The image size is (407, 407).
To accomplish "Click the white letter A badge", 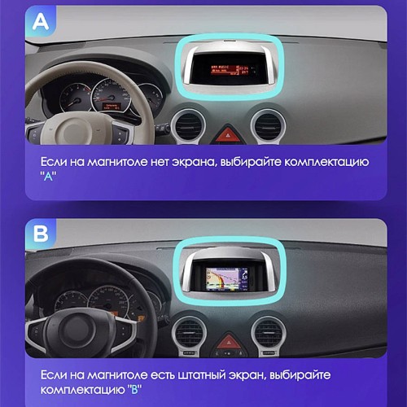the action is tap(41, 22).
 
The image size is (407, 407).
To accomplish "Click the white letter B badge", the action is tap(41, 234).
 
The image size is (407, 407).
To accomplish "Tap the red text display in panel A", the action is tap(230, 69).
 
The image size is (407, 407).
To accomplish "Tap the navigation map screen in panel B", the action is tap(227, 278).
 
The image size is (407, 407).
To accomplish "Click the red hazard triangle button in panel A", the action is tap(228, 133).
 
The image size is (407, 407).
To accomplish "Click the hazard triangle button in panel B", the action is tap(228, 342).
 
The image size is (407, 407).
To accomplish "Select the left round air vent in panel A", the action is tap(188, 125).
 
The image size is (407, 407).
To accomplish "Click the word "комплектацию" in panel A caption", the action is tap(326, 163).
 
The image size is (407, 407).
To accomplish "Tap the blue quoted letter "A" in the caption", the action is tap(48, 177).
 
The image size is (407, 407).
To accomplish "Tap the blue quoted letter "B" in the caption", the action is tap(134, 390).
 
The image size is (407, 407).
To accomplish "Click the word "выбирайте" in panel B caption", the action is tap(300, 375).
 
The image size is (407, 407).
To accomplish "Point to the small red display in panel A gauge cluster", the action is tap(112, 107).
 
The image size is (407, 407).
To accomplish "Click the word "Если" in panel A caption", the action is tap(54, 162).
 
